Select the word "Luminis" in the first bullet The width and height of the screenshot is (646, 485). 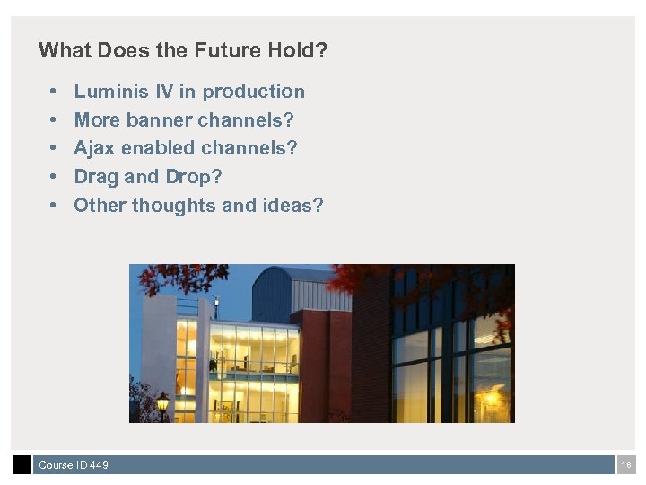(109, 92)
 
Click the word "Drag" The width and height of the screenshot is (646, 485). (95, 177)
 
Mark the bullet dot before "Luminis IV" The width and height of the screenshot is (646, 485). (54, 93)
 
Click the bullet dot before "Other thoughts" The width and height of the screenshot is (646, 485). (54, 207)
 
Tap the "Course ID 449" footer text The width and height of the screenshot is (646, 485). (74, 465)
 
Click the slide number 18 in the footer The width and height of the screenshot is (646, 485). (626, 465)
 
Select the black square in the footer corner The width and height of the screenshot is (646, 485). (22, 464)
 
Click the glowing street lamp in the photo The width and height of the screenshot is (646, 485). (162, 401)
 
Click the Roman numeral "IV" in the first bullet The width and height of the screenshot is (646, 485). (164, 92)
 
